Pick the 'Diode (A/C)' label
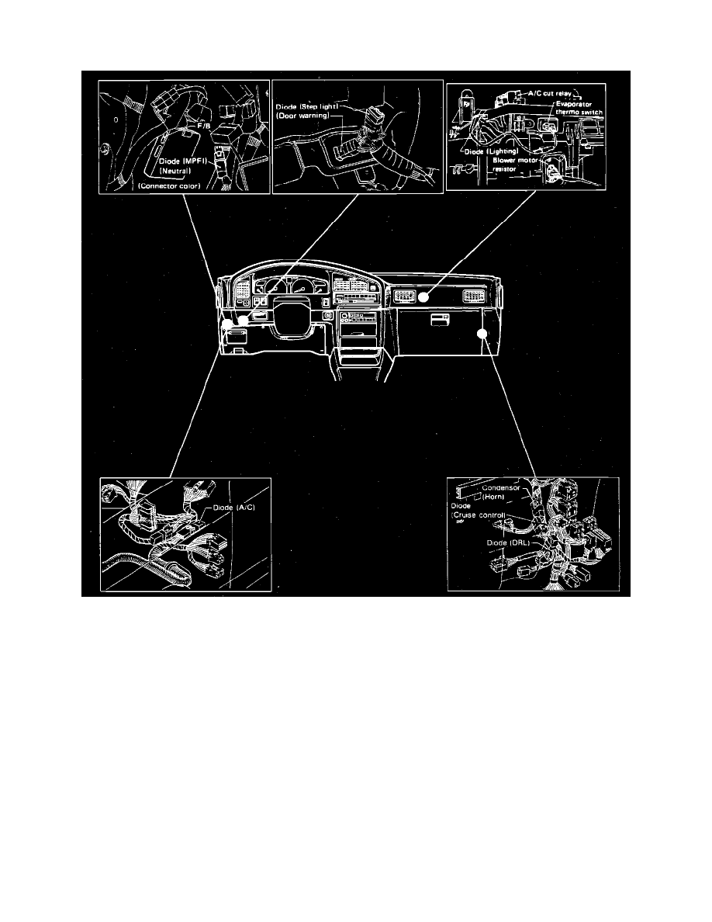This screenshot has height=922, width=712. tap(230, 510)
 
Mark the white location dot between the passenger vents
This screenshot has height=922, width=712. tap(424, 296)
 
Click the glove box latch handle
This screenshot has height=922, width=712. tap(440, 318)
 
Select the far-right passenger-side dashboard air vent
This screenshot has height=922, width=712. tap(472, 295)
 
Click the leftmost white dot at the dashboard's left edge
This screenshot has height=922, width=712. tap(225, 321)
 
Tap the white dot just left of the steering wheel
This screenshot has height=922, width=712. tap(243, 320)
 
